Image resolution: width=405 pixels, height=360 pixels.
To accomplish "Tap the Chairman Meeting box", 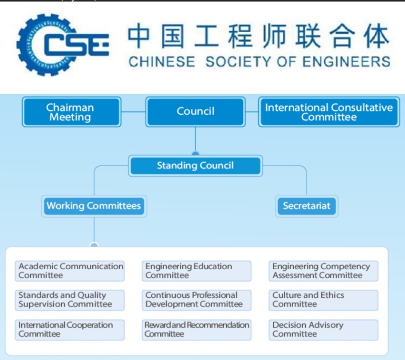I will [x=71, y=111].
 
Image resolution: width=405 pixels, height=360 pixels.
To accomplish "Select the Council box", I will [x=195, y=111].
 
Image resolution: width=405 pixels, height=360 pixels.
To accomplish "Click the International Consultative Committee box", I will [x=329, y=111].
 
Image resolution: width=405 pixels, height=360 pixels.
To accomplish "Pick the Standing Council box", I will [x=195, y=166].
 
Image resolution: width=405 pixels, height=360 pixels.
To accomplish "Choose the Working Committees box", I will [x=94, y=206].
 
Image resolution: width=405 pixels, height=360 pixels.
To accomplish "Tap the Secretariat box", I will [x=306, y=206].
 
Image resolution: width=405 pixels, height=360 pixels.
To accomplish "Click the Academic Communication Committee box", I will [x=71, y=271].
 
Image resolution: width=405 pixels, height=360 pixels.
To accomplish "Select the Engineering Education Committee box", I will [x=196, y=271].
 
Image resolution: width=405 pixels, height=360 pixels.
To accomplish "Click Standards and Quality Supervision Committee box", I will [x=71, y=300].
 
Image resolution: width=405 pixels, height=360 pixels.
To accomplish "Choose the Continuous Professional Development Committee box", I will [x=196, y=300].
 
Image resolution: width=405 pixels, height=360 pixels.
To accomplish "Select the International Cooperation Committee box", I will [x=71, y=329].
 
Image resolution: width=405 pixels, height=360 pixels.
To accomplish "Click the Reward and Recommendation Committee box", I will [x=196, y=329].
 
